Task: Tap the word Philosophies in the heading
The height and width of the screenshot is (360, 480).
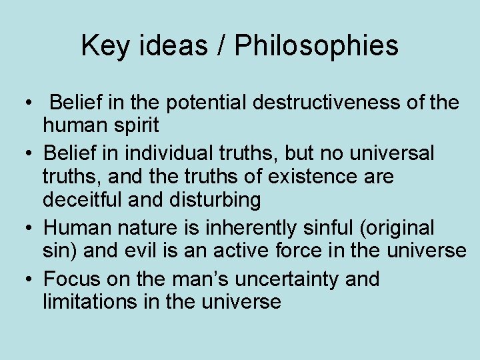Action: (x=317, y=46)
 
